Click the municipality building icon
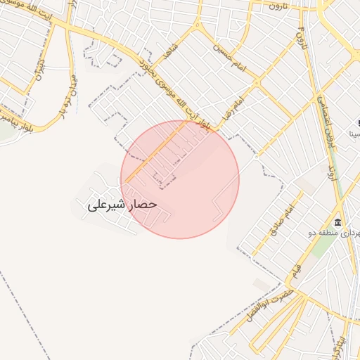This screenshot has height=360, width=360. [338, 223]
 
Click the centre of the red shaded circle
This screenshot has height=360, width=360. [180, 179]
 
